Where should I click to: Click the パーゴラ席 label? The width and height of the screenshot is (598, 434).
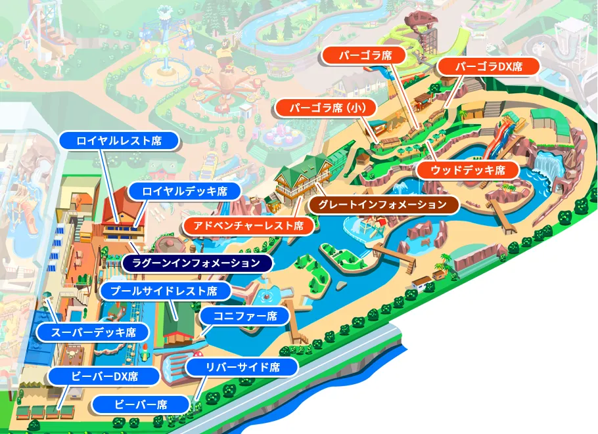365,55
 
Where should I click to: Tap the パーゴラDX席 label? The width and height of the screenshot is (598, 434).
488,66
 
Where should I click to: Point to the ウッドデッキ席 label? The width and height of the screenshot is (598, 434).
468,171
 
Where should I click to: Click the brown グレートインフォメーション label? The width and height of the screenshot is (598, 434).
382,205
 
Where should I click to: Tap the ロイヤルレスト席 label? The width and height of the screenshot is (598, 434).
119,140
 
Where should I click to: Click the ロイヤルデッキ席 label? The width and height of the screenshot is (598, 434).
185,192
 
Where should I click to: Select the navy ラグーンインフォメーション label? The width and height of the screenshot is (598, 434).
197,263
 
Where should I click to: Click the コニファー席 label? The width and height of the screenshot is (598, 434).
244,316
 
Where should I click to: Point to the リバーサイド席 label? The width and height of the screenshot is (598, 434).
242,367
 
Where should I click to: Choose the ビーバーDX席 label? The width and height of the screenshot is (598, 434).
104,377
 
